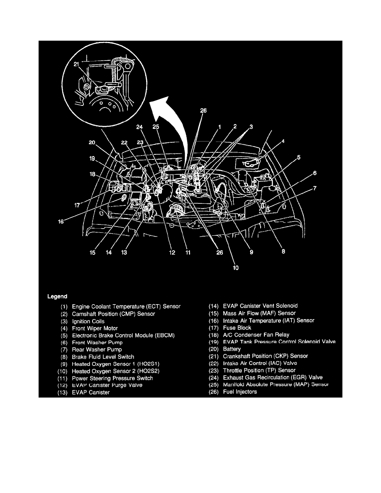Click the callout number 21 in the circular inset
coord(76,64)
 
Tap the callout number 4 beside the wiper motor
coord(283,142)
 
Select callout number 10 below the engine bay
coord(236,268)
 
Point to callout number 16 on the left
coord(61,222)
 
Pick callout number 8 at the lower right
coord(283,251)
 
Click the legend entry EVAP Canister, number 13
coord(90,392)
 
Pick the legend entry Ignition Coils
coord(88,321)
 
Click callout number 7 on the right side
coord(315,188)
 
